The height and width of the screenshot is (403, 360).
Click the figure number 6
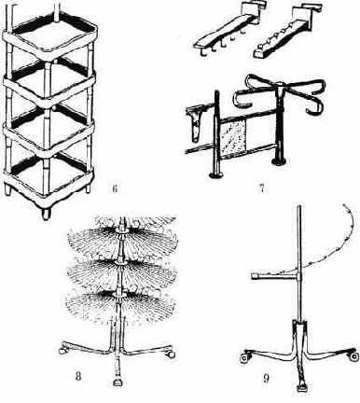[x=115, y=188]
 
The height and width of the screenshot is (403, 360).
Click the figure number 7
[x=262, y=188]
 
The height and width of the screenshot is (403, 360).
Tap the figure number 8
[x=78, y=377]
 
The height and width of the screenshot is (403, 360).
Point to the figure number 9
[x=266, y=378]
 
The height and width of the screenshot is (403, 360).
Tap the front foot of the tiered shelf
[x=46, y=214]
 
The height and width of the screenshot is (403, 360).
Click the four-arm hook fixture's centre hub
[x=280, y=84]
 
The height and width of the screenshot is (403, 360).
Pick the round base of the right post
[x=279, y=161]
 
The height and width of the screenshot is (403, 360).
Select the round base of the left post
[x=215, y=174]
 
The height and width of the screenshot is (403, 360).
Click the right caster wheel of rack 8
[x=171, y=354]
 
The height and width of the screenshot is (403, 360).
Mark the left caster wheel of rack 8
[x=62, y=350]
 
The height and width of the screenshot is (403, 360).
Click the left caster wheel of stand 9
[x=245, y=357]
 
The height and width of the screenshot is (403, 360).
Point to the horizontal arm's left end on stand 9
[x=253, y=275]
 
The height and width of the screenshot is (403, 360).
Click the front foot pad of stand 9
[x=302, y=387]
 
